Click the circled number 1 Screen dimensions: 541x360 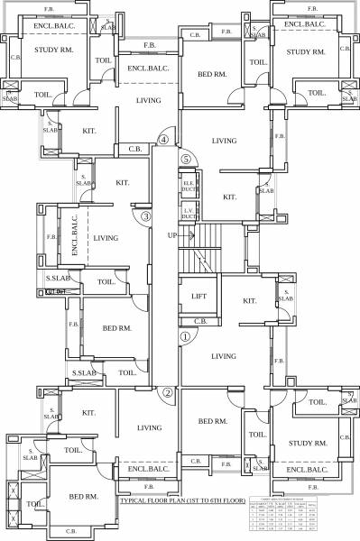pyautogui.click(x=186, y=337)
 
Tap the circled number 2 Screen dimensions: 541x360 pyautogui.click(x=168, y=392)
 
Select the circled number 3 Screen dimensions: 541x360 pyautogui.click(x=145, y=216)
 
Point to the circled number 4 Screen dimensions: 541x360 pyautogui.click(x=163, y=140)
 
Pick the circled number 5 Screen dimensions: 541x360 pyautogui.click(x=186, y=159)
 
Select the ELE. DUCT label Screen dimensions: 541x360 pyautogui.click(x=189, y=187)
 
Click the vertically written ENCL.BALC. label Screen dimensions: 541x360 pyautogui.click(x=76, y=236)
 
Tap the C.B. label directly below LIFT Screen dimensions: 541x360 pyautogui.click(x=200, y=320)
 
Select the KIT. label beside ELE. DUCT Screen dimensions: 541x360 pyautogui.click(x=229, y=197)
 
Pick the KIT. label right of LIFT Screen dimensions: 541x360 pyautogui.click(x=250, y=301)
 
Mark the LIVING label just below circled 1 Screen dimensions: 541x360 pyautogui.click(x=223, y=357)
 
